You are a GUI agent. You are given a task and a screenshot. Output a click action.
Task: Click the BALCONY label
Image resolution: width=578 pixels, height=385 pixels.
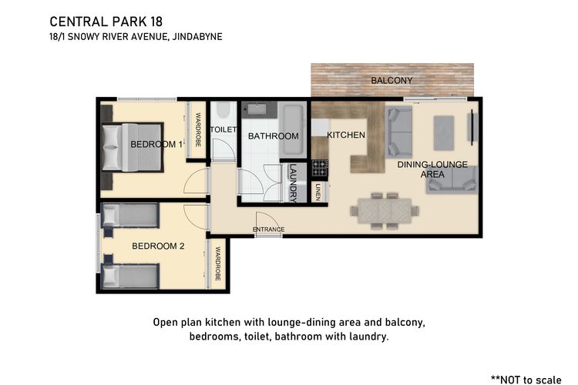pyautogui.click(x=391, y=80)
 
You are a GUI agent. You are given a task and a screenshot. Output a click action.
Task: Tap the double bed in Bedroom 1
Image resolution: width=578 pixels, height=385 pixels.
pyautogui.click(x=133, y=147)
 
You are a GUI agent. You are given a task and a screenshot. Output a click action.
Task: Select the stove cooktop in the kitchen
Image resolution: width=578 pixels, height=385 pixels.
pyautogui.click(x=320, y=168)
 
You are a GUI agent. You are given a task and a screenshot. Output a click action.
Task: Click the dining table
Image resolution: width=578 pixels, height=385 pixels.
pyautogui.click(x=385, y=211)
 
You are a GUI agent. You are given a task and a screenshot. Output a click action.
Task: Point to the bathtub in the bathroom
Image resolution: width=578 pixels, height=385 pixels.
pyautogui.click(x=293, y=129)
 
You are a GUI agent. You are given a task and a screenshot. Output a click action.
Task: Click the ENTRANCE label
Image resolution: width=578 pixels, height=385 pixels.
pyautogui.click(x=268, y=229)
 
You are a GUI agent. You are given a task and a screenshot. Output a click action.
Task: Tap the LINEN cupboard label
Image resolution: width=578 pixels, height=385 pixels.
pyautogui.click(x=318, y=192)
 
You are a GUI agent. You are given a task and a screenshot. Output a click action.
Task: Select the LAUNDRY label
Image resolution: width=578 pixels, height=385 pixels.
pyautogui.click(x=293, y=183)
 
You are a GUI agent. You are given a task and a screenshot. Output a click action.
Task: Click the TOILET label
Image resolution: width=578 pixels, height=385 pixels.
pyautogui.click(x=223, y=129)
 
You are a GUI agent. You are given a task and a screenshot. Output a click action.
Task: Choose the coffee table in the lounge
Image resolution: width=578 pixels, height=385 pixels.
pyautogui.click(x=444, y=133)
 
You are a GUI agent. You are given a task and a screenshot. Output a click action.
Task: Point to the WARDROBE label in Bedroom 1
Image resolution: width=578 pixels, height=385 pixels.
pyautogui.click(x=198, y=129)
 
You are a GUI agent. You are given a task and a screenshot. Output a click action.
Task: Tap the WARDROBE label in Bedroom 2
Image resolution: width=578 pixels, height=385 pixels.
pyautogui.click(x=217, y=264)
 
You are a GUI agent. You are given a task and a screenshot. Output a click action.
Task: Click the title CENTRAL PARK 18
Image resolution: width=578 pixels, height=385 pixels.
pyautogui.click(x=106, y=22)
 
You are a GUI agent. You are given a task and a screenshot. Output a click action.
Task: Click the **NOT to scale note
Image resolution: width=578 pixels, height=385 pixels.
pyautogui.click(x=526, y=380)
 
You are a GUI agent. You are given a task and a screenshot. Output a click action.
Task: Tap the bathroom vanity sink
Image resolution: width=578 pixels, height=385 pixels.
pyautogui.click(x=257, y=109)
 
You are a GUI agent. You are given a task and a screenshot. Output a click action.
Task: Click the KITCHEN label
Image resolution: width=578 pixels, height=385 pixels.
pyautogui.click(x=346, y=136)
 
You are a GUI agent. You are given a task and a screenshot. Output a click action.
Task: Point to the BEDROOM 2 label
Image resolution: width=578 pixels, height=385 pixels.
pyautogui.click(x=158, y=246)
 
